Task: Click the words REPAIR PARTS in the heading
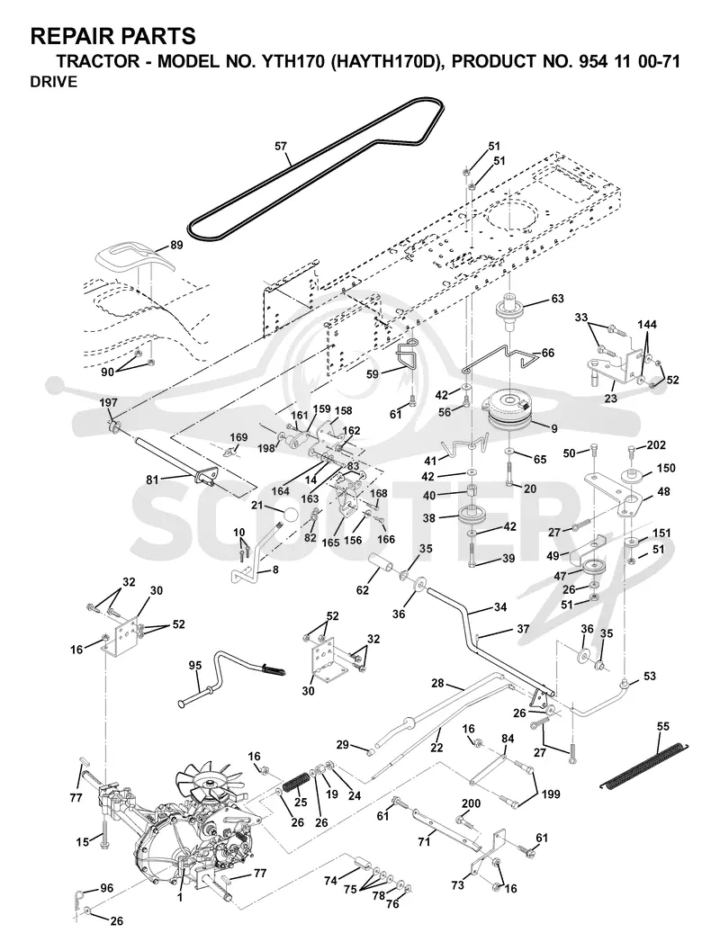coord(112,36)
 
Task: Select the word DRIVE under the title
coord(54,82)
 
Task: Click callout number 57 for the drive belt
coord(281,146)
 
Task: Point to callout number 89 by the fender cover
coord(175,245)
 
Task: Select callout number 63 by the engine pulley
coord(557,299)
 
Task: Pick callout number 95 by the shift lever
coord(194,665)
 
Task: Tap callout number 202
coord(656,444)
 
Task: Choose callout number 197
coord(109,403)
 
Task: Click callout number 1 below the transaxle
coord(179,898)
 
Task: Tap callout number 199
coord(551,794)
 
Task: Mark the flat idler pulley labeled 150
coord(632,478)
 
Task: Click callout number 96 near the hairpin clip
coord(107,889)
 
